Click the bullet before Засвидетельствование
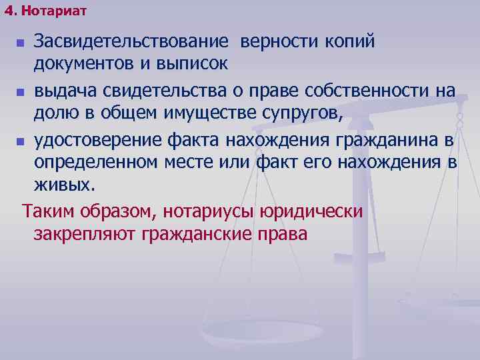click(x=20, y=44)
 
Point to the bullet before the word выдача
click(x=20, y=93)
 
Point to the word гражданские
click(x=193, y=235)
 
